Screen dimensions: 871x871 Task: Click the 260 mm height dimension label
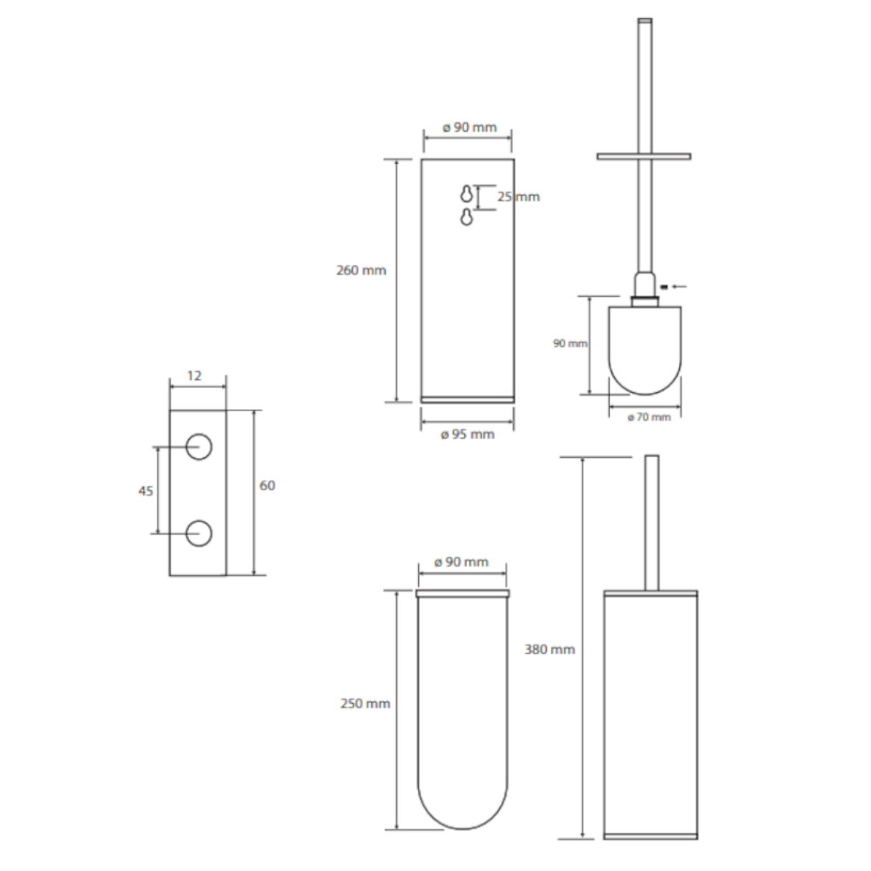(x=361, y=271)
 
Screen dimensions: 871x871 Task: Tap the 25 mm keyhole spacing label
(x=518, y=197)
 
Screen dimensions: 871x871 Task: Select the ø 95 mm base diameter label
(x=467, y=435)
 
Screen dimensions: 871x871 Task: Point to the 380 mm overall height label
(x=550, y=650)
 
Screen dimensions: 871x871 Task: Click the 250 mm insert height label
(x=365, y=704)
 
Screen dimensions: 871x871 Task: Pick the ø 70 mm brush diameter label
(x=649, y=417)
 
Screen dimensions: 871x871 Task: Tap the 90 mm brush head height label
(x=570, y=343)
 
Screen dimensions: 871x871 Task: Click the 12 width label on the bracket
(x=194, y=376)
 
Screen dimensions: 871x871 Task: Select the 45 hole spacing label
(x=145, y=491)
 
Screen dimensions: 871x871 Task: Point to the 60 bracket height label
(x=267, y=485)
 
